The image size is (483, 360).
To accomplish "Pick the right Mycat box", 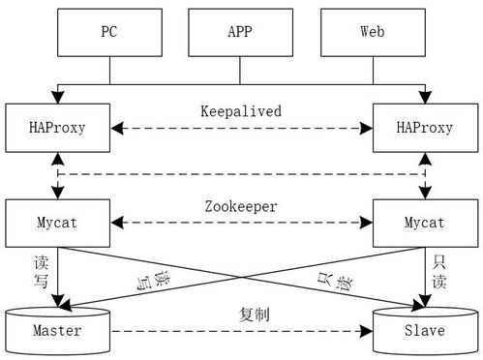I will point(423,223).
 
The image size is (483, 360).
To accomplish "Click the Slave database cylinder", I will point(423,329).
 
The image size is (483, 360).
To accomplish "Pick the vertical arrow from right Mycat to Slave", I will point(423,276).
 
